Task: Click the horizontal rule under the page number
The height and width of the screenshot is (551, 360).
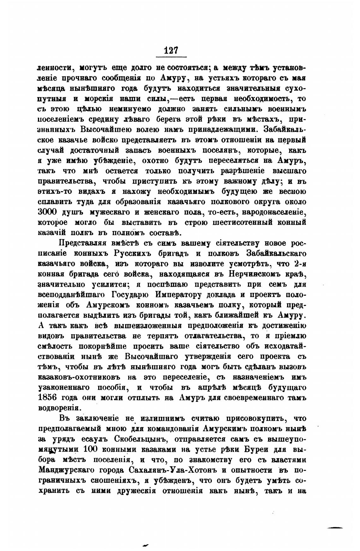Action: pyautogui.click(x=171, y=57)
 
